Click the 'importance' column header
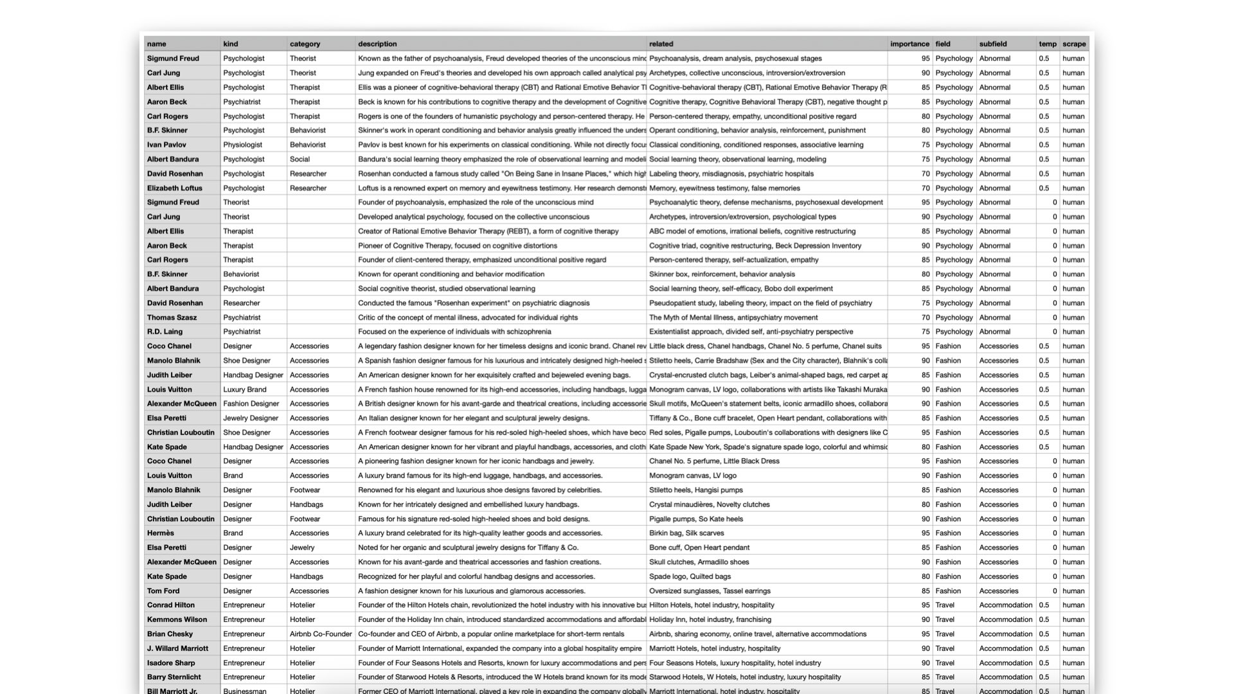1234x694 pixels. [909, 44]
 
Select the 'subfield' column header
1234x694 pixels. [993, 44]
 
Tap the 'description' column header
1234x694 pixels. [377, 44]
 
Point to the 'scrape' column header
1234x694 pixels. [1074, 44]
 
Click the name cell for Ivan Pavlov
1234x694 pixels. [166, 145]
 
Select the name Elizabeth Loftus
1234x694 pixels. [174, 188]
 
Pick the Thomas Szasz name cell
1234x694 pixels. [172, 317]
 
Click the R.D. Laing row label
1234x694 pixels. [165, 332]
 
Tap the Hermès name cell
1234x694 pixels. [160, 533]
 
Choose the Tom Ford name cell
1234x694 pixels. [163, 591]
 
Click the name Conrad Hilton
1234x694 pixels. [170, 605]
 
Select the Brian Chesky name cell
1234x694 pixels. [170, 634]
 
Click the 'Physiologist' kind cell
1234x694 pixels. [242, 145]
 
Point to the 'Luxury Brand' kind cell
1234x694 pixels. [244, 389]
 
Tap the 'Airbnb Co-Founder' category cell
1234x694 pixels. [321, 634]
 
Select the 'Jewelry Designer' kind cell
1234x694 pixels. [251, 418]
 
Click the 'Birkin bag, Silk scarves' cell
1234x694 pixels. [686, 533]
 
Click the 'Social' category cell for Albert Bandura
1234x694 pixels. [300, 159]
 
